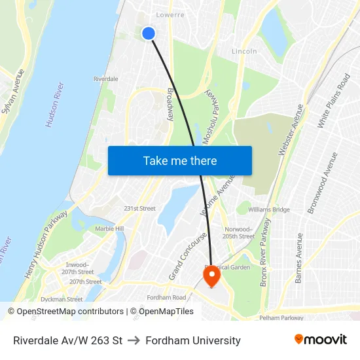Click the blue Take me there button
(179, 160)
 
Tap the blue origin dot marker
(149, 33)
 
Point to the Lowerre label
(170, 14)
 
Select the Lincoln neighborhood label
(244, 51)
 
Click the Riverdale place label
(105, 79)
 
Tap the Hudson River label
(54, 104)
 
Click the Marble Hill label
(109, 229)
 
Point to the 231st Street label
(139, 209)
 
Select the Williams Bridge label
(268, 209)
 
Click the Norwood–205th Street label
(238, 233)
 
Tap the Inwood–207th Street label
(78, 268)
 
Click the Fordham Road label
(167, 298)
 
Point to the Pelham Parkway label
(280, 317)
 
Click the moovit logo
(320, 340)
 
